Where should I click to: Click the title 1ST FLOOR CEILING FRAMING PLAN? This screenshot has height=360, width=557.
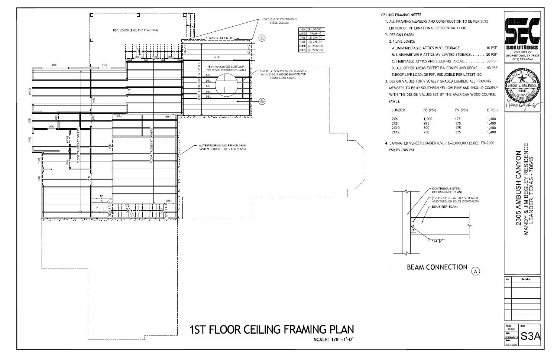(x=271, y=330)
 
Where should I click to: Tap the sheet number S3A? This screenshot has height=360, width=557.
(x=530, y=336)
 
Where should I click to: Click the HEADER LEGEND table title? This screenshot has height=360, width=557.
(x=311, y=29)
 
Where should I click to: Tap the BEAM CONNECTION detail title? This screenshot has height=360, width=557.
(x=437, y=267)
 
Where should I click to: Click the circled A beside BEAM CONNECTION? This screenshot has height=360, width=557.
(x=475, y=272)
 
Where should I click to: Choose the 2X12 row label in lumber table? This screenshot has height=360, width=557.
(x=395, y=132)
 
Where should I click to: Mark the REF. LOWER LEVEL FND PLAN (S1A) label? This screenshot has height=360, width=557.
(x=135, y=30)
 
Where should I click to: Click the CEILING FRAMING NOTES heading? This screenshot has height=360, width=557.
(x=401, y=15)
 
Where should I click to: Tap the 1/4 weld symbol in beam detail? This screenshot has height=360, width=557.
(x=435, y=241)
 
